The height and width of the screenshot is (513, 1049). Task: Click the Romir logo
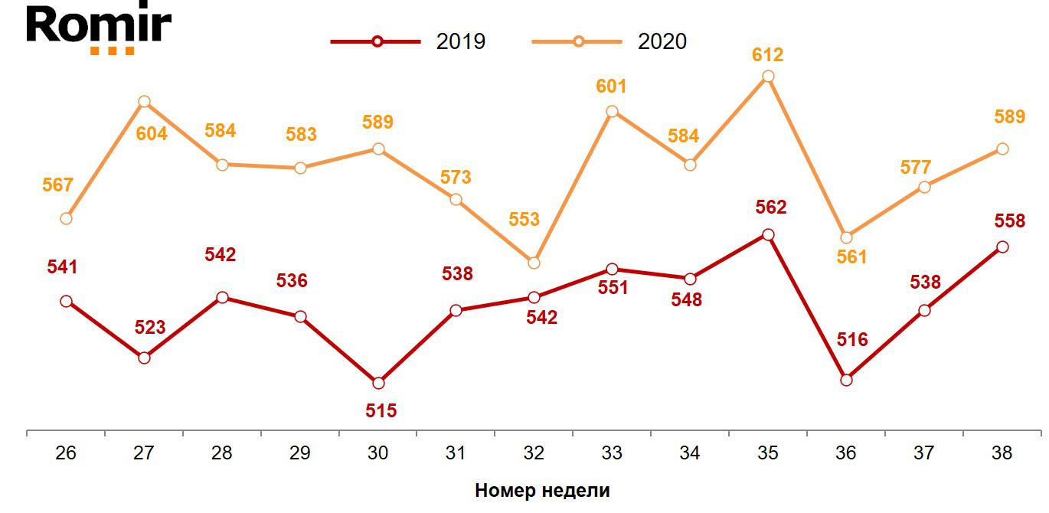[x=98, y=29]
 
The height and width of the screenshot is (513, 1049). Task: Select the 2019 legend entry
[x=408, y=41]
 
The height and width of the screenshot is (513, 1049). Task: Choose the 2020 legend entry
[x=609, y=41]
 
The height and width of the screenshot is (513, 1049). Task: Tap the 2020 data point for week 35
[x=768, y=77]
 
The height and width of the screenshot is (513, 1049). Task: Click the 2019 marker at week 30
[x=378, y=383]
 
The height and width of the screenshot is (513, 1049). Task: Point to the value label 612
[x=768, y=55]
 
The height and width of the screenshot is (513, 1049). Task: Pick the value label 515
[x=381, y=411]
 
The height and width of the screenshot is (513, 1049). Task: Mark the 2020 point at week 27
[x=144, y=102]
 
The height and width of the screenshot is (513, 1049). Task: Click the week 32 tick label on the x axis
[x=534, y=453]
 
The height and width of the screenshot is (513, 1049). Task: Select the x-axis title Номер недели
[x=542, y=491]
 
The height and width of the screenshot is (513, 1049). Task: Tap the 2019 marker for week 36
[x=846, y=380]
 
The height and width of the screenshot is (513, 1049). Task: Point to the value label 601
[x=611, y=87]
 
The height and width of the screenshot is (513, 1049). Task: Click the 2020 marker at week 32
[x=534, y=263]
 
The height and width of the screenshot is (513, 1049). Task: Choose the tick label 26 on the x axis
[x=66, y=453]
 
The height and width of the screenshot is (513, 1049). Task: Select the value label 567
[x=58, y=185]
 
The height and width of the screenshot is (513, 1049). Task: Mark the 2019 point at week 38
[x=1002, y=247]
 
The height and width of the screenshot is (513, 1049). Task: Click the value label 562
[x=771, y=207]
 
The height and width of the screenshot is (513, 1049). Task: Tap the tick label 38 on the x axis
[x=1002, y=453]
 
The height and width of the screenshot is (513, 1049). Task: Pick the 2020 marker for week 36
[x=846, y=237]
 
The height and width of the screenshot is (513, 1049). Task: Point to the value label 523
[x=150, y=328]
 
